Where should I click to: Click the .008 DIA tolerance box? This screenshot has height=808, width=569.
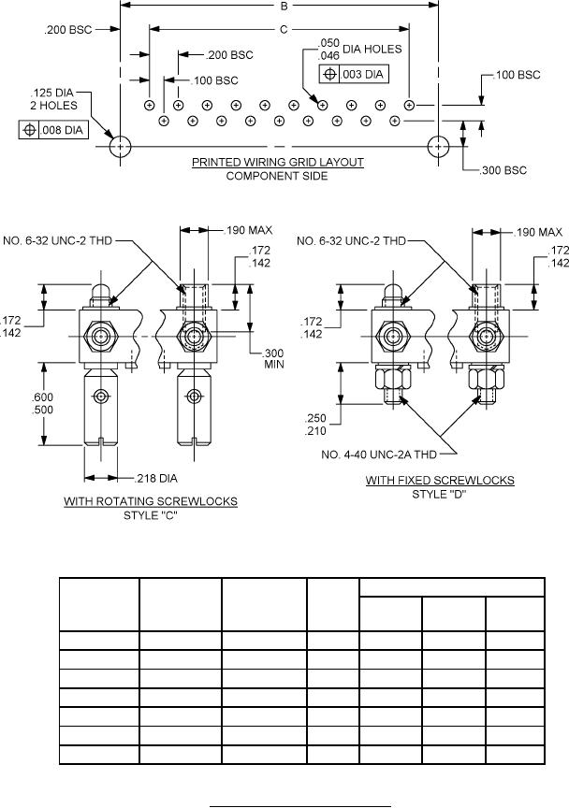point(53,130)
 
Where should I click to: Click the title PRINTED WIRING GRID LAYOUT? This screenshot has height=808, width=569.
point(278,162)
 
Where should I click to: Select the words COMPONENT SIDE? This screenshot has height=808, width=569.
point(277,176)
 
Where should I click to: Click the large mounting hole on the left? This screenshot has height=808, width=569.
point(121,146)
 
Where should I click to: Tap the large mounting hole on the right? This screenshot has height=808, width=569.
point(438,146)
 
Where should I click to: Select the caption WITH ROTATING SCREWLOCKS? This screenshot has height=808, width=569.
point(151,501)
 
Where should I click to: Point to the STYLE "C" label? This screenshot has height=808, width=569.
point(151,515)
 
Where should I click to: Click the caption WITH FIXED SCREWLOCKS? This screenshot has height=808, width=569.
point(439,481)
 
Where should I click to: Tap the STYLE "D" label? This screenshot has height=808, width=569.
point(439,494)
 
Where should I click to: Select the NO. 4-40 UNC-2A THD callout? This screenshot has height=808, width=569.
point(388,454)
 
